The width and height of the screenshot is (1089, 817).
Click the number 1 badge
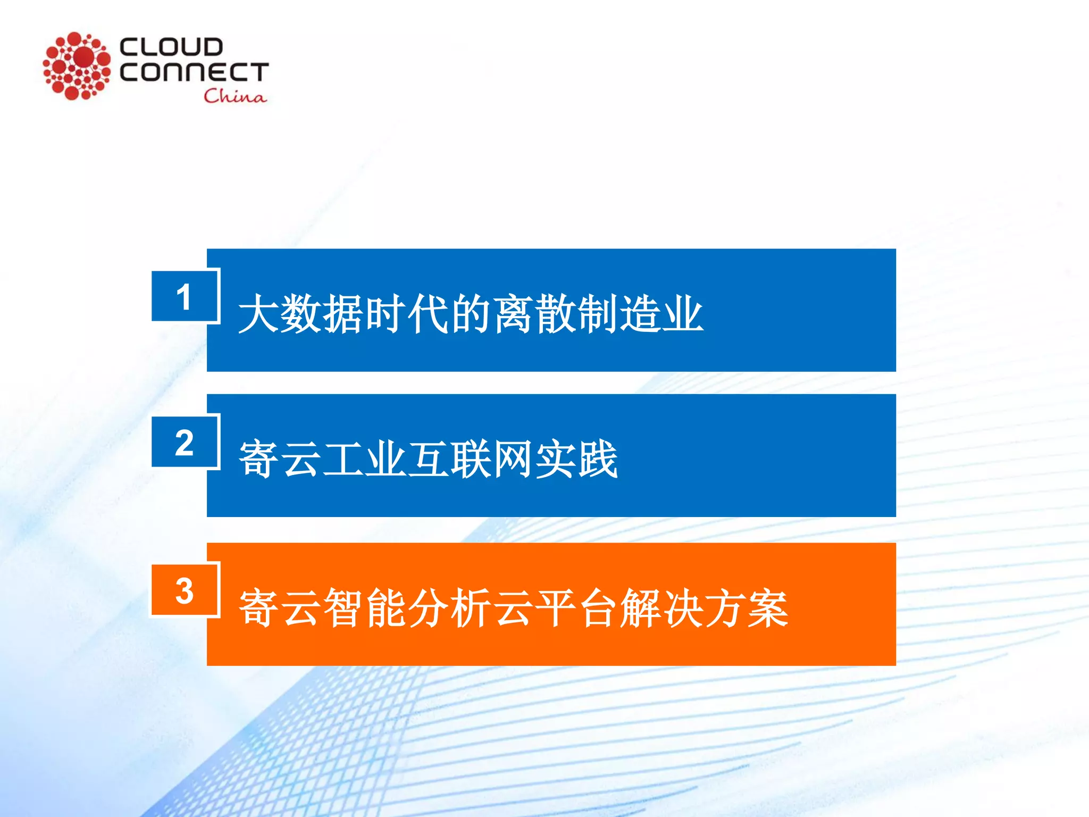pos(185,296)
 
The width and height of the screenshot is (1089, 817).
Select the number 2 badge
pos(185,442)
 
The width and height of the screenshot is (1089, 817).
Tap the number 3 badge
pos(185,590)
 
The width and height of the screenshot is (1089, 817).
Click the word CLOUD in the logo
pos(171,47)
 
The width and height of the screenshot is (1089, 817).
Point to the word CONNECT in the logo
pos(194,72)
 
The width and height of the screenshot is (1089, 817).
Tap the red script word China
pos(234,96)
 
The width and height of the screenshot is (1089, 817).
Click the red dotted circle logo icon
pos(77,66)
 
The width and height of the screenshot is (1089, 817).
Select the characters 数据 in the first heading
pos(322,314)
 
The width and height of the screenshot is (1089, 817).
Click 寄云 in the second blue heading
pos(280,459)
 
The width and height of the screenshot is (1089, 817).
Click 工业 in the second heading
pos(365,459)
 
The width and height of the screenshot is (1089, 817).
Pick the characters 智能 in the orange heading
pos(365,607)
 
